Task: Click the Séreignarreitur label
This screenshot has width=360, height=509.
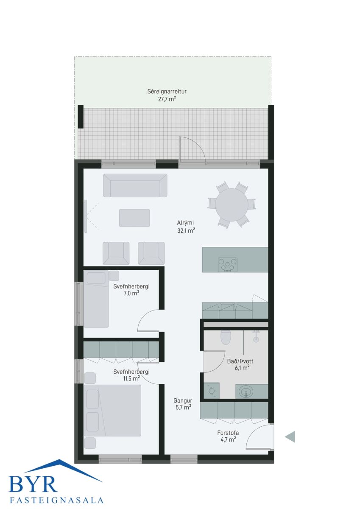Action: (x=167, y=92)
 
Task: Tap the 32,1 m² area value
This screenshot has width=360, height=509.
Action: (x=186, y=231)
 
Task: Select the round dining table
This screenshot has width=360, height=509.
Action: (x=232, y=205)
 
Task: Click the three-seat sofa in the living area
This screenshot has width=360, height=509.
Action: (x=135, y=185)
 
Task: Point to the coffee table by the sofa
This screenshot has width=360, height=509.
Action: (x=134, y=218)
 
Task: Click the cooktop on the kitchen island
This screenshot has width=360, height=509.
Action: (x=228, y=265)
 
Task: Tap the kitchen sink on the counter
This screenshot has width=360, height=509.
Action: (x=227, y=307)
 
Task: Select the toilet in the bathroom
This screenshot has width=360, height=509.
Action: (x=226, y=337)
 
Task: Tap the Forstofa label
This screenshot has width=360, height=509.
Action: (x=228, y=433)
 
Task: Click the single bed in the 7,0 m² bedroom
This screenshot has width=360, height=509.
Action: (x=96, y=299)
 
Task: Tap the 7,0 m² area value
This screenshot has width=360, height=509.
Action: (x=131, y=293)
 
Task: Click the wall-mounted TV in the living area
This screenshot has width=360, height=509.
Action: (x=86, y=216)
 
